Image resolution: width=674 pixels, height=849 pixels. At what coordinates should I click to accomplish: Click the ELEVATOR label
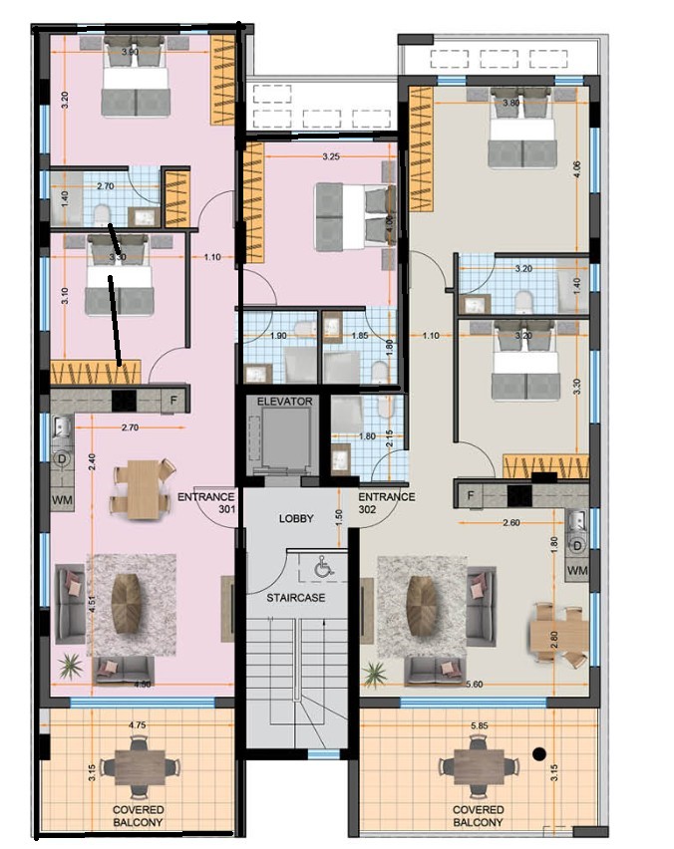click(284, 402)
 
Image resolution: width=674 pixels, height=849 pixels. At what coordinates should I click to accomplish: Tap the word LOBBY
click(296, 518)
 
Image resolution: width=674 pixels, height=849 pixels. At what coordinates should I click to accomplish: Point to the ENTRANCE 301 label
click(205, 502)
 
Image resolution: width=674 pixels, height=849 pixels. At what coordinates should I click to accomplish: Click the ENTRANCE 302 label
click(386, 502)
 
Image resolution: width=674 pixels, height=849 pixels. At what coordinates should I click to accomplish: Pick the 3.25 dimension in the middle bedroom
click(334, 156)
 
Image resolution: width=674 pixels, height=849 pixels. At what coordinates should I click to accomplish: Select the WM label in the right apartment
click(576, 569)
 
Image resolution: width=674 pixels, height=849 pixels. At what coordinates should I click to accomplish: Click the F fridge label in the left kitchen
click(173, 401)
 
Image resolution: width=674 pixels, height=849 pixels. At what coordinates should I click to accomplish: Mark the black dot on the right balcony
click(539, 753)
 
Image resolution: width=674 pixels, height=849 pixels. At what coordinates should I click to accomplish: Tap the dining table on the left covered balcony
click(139, 767)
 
